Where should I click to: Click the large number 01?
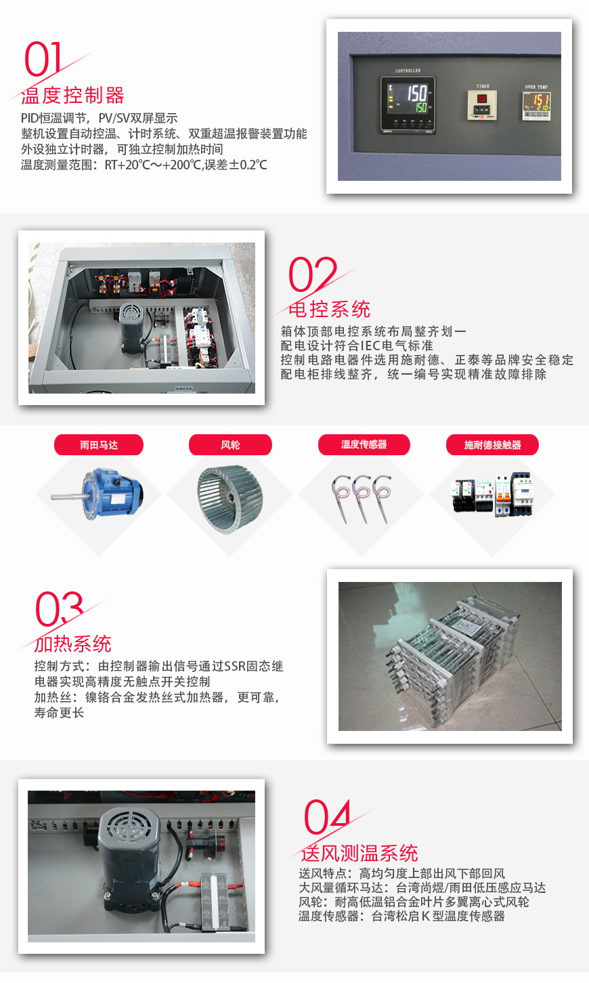(43, 60)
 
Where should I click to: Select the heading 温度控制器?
(73, 95)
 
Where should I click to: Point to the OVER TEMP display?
(536, 106)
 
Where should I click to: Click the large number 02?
(312, 275)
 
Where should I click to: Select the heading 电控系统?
(329, 309)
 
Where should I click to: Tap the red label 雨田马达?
(99, 445)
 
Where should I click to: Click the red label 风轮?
(230, 445)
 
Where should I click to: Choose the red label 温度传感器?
(364, 444)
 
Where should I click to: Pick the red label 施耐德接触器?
(492, 445)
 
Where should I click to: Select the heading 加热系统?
(73, 644)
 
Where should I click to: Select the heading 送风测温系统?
(359, 853)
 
